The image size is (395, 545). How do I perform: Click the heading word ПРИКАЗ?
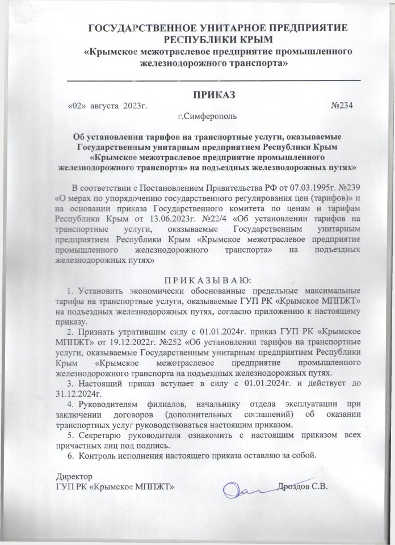pyautogui.click(x=213, y=94)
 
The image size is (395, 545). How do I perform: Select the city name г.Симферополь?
pyautogui.click(x=207, y=118)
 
